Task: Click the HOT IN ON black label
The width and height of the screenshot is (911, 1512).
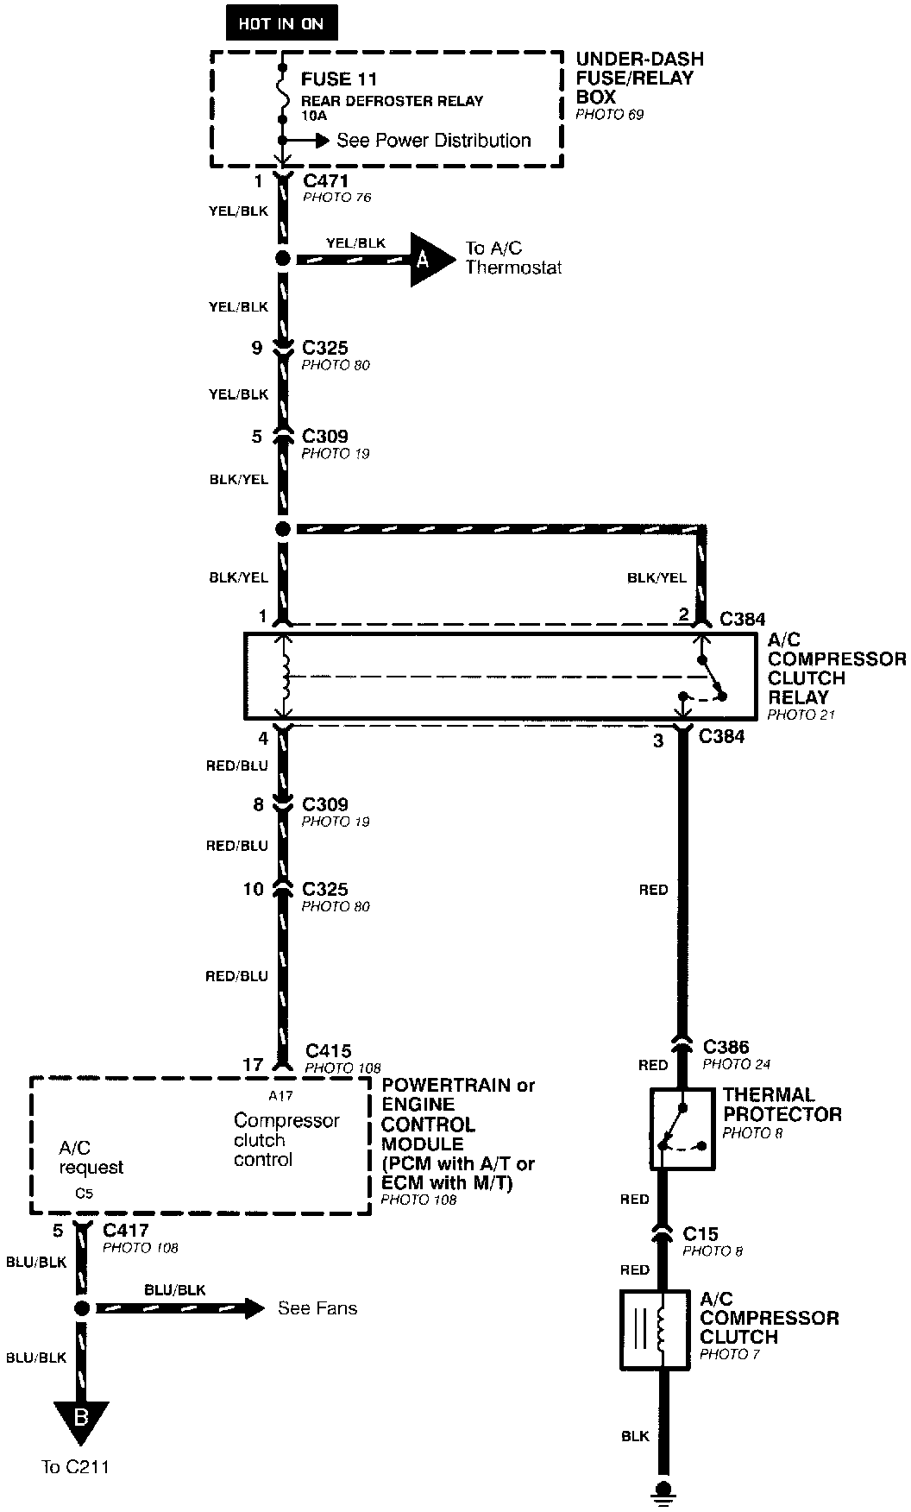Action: click(280, 24)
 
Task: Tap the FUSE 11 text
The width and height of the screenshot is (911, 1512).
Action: click(339, 79)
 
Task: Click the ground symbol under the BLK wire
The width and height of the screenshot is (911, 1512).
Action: click(663, 1491)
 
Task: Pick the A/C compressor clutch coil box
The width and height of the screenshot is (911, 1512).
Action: click(654, 1329)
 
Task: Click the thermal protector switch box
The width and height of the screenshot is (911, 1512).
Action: click(682, 1128)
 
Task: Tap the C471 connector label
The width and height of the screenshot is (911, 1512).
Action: click(325, 181)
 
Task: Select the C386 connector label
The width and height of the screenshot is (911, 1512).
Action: click(726, 1047)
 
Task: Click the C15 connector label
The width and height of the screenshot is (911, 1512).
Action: click(701, 1234)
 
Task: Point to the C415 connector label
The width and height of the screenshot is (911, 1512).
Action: click(329, 1051)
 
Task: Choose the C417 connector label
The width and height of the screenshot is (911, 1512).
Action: click(126, 1230)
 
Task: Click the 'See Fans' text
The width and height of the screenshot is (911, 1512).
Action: click(317, 1308)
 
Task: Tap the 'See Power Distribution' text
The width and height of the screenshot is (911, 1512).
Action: click(433, 140)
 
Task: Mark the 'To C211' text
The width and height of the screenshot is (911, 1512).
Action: click(76, 1466)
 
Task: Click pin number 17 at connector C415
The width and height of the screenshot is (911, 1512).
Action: click(253, 1064)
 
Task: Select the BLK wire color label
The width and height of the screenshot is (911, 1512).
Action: click(635, 1436)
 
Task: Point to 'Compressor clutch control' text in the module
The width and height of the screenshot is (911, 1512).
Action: click(286, 1139)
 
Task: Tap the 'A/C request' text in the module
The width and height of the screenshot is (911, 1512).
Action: click(91, 1157)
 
